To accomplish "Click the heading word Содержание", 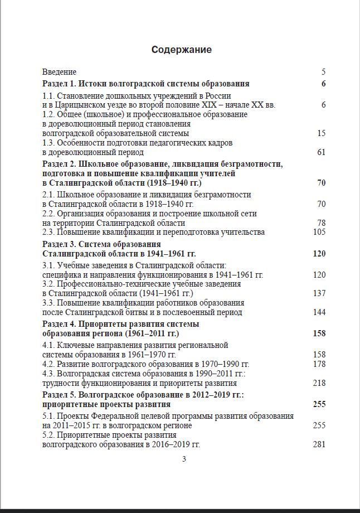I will point(181,50).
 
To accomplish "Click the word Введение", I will point(60,72).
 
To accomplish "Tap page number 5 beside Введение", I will point(323,72).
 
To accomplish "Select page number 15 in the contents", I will point(321,133).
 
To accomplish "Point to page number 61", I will point(321,152).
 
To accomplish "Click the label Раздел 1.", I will point(58,84).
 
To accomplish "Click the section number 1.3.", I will point(48,143).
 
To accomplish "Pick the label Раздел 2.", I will point(58,163).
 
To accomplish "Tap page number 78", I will point(321,223).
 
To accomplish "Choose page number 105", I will point(319,232).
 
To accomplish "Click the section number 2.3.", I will point(48,232).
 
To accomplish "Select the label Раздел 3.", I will point(58,244).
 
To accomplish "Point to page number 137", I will point(319,293).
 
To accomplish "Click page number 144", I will point(319,312).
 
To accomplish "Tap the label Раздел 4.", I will point(58,324).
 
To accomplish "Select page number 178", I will point(319,364).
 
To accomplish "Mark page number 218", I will point(319,383).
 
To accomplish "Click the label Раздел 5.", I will point(58,395).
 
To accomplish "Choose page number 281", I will point(319,444).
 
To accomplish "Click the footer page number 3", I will point(184,459).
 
